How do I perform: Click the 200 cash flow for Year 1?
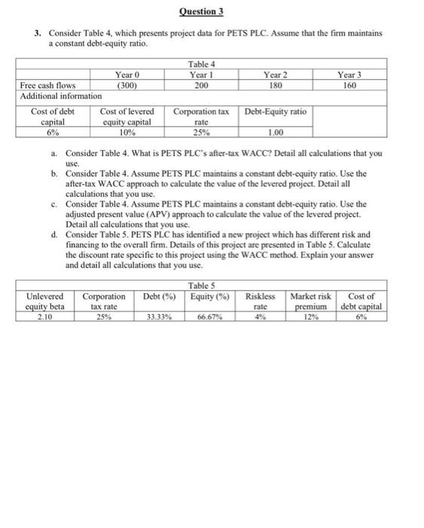click(x=200, y=85)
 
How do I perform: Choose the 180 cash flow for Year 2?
click(x=276, y=85)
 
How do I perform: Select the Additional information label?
click(x=60, y=97)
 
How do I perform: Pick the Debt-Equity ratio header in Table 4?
click(x=276, y=112)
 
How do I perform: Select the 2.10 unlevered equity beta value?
click(x=45, y=318)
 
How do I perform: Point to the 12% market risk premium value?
click(x=310, y=318)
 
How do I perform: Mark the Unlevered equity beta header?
click(x=45, y=302)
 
